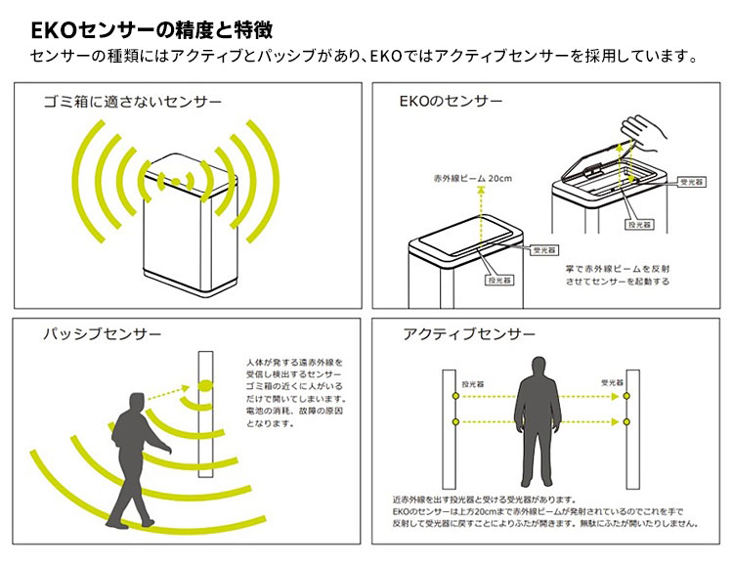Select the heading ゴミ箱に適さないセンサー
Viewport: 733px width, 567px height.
click(132, 101)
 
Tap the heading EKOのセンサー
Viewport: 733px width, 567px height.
click(452, 101)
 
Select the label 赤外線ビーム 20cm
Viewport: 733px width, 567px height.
click(473, 179)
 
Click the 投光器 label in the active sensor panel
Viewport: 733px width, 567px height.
click(473, 383)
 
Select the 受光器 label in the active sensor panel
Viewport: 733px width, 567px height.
click(612, 383)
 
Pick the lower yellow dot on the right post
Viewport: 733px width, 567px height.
click(626, 422)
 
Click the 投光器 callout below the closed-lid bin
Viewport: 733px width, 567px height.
click(499, 281)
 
